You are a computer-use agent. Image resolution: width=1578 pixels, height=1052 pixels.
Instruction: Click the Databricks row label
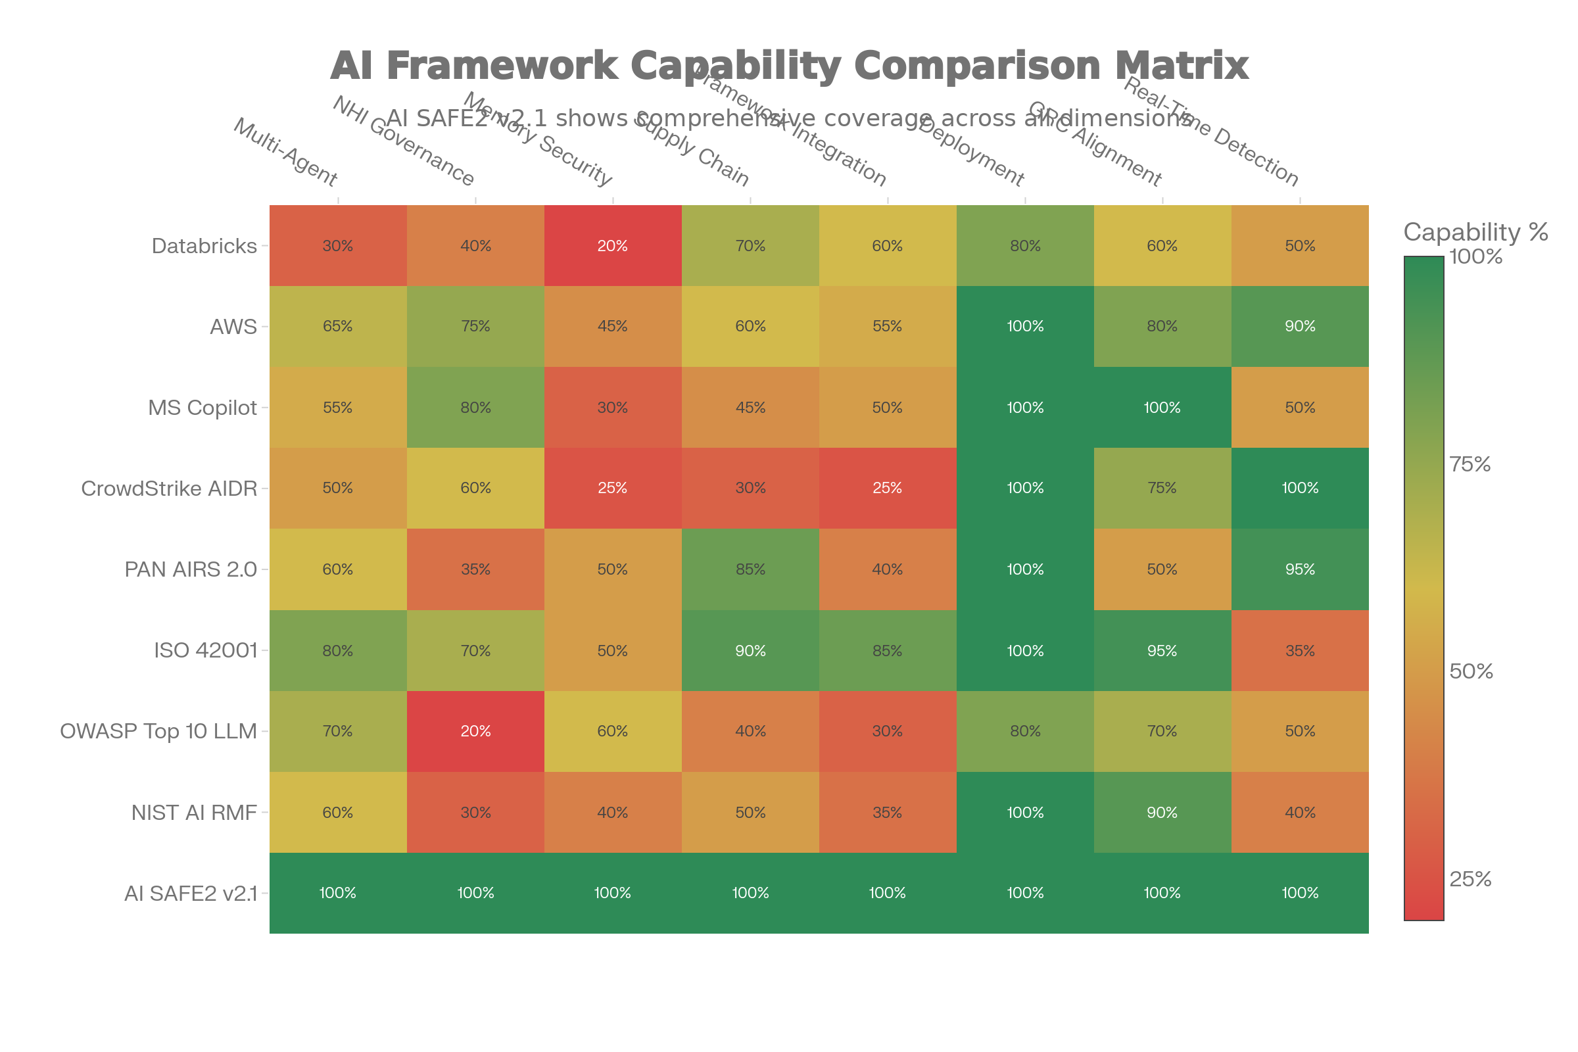(204, 246)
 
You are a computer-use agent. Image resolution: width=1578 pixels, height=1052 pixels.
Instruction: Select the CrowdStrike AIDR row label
(168, 489)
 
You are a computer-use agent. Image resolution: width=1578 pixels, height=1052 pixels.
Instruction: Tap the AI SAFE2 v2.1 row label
(191, 894)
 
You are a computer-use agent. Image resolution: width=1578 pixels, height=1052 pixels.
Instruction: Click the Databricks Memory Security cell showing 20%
(613, 246)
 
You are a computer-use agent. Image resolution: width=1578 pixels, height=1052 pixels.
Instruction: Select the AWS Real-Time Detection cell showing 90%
(1300, 327)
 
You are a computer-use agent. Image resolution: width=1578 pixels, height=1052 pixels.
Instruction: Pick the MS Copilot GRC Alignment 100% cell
(1162, 408)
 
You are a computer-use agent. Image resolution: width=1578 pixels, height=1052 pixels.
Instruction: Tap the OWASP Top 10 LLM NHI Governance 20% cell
(475, 731)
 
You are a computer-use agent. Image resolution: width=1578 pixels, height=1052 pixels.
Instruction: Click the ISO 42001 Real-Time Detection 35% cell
(1300, 651)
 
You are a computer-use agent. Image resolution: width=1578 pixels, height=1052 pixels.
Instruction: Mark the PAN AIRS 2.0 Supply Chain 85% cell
(750, 569)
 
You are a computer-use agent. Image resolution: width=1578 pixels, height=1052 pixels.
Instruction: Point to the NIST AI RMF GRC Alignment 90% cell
(1162, 813)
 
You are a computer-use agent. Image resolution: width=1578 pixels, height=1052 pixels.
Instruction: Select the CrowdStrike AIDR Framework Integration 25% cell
(887, 489)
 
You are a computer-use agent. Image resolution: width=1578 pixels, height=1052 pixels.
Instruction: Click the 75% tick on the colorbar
(1470, 464)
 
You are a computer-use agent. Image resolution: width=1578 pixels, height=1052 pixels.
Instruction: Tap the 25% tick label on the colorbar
(1470, 879)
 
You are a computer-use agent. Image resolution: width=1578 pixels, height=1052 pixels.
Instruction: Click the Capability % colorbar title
(1475, 232)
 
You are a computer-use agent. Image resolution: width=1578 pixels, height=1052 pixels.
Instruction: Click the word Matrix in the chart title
(1182, 66)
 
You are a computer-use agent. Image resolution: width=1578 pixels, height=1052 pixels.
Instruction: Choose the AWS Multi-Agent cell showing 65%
(337, 327)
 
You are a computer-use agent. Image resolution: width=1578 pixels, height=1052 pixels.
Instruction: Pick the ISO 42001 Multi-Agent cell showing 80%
(337, 651)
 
